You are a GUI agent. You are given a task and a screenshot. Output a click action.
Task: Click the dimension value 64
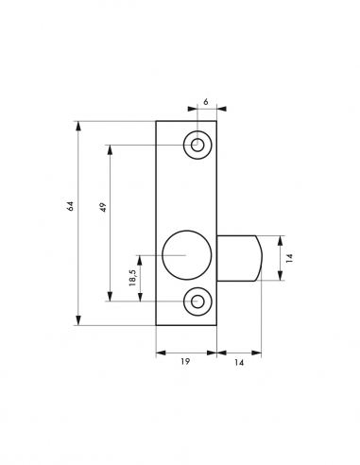71,206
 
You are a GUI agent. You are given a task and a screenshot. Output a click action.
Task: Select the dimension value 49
104,207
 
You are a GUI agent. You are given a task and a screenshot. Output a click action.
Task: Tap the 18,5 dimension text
133,278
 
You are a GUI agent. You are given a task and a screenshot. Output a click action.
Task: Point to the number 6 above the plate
206,102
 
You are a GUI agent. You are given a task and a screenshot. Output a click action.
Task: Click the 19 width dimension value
185,361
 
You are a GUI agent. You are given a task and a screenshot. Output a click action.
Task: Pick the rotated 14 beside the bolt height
290,258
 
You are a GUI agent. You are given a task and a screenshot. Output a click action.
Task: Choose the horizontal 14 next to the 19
239,363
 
